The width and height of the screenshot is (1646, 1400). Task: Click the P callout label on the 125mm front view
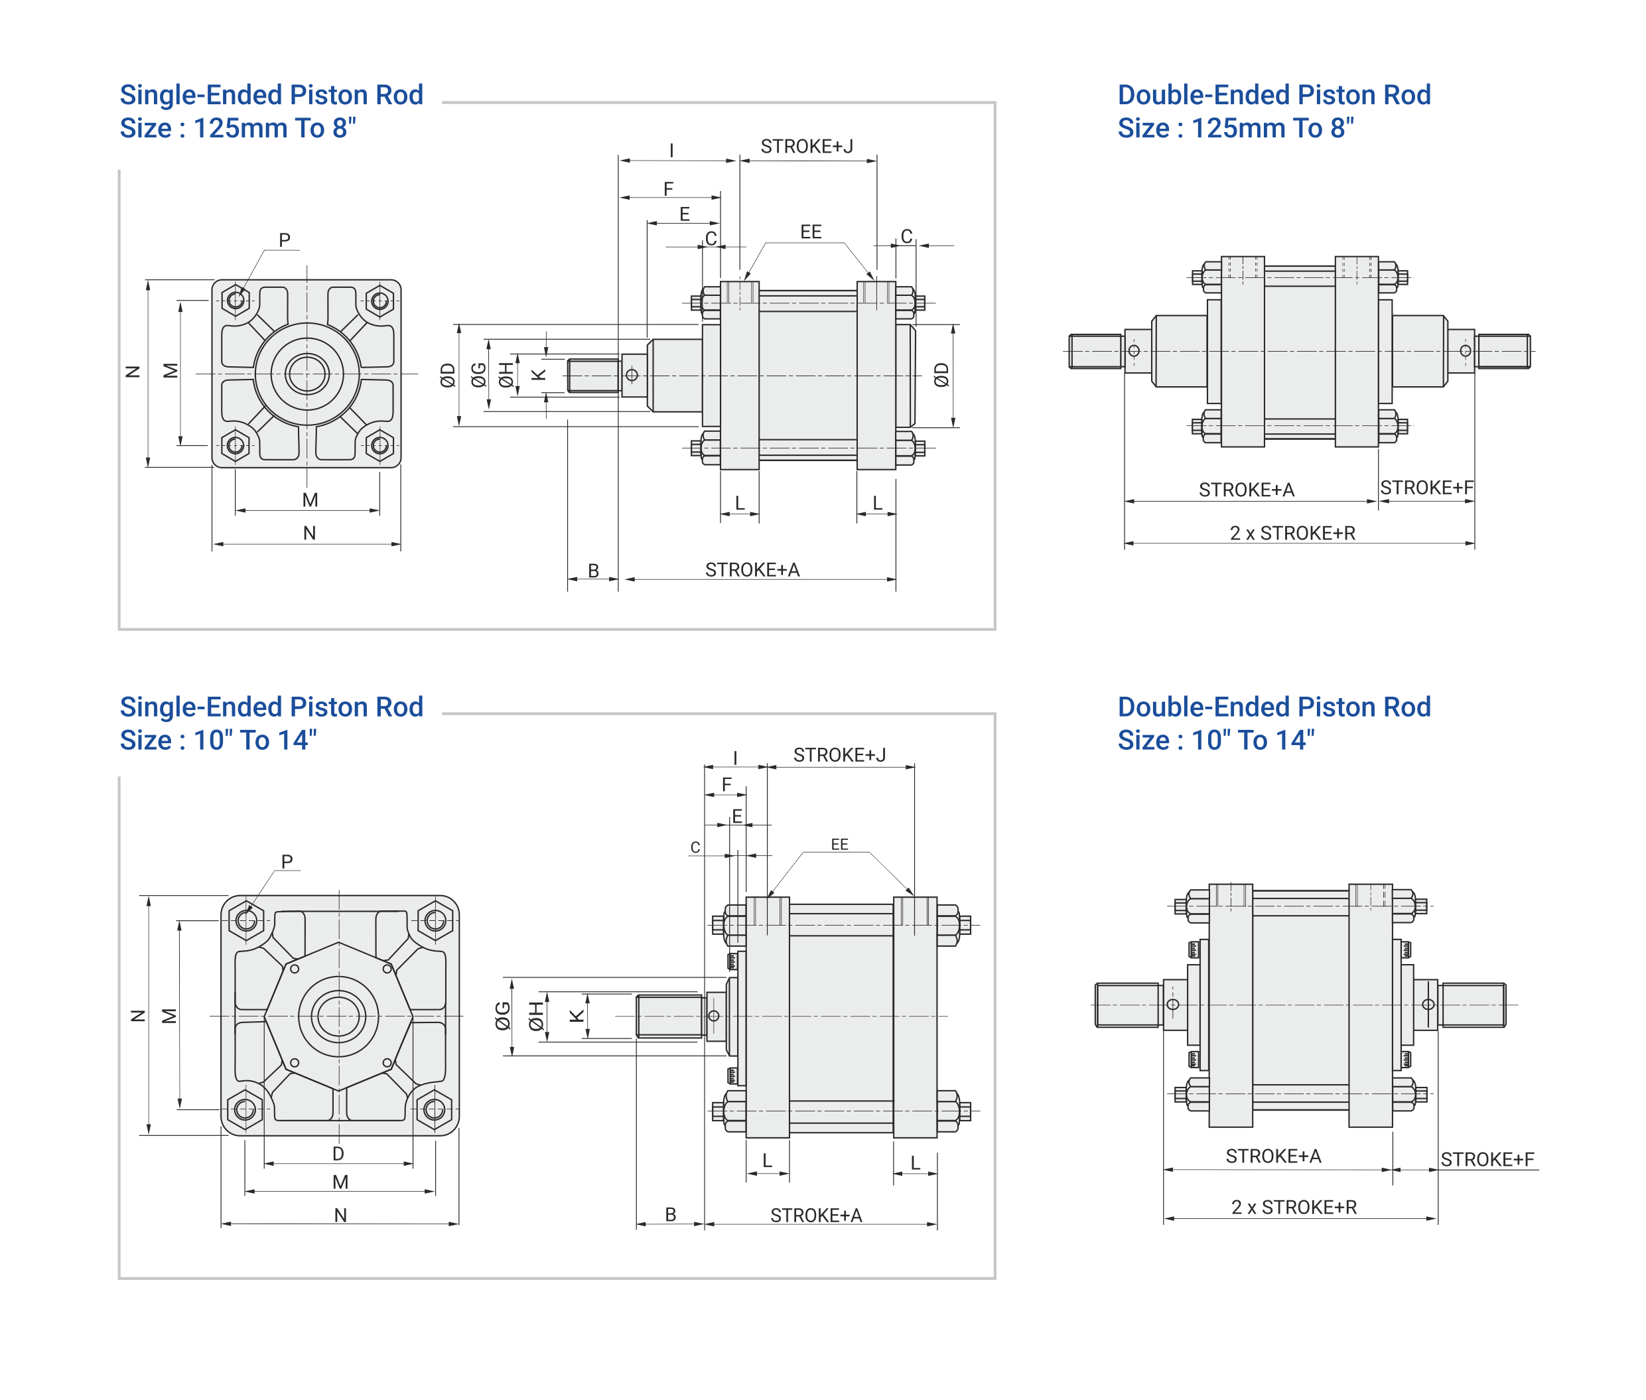click(284, 240)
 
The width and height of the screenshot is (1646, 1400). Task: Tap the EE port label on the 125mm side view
click(810, 232)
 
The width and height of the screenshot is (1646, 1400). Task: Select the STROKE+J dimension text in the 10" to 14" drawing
click(839, 755)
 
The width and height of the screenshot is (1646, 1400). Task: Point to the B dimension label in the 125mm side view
click(593, 570)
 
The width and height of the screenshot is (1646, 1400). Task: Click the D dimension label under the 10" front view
click(338, 1153)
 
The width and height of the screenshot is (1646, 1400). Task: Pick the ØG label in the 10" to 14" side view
click(502, 1016)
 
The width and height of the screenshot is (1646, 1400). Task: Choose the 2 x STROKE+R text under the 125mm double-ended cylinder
click(1292, 533)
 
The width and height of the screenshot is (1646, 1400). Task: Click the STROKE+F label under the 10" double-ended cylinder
click(1487, 1160)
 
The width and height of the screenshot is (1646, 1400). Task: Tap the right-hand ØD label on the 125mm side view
click(941, 375)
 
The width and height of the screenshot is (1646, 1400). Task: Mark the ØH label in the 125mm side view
click(506, 375)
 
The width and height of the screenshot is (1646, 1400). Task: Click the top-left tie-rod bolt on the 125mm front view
click(236, 301)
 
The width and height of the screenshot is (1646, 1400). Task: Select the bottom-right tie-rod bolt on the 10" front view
click(434, 1109)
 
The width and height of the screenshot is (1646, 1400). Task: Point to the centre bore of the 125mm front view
click(307, 374)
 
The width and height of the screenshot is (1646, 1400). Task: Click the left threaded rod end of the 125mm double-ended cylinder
click(1095, 351)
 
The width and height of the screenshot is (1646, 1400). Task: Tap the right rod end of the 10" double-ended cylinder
click(1473, 1005)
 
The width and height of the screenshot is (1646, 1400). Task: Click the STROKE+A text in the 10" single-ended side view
click(816, 1215)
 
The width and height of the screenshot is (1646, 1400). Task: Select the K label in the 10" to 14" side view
click(577, 1016)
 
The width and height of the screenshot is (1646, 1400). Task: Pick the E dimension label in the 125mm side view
click(684, 214)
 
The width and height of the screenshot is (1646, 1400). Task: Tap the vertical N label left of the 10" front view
click(138, 1016)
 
